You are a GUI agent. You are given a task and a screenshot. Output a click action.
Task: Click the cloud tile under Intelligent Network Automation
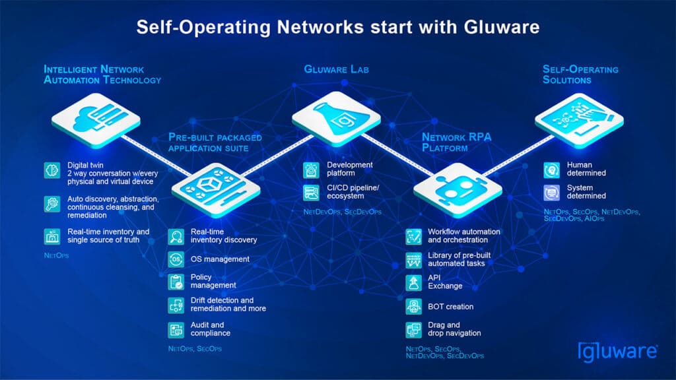coord(96,119)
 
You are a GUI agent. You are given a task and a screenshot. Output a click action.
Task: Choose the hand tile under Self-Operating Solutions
coord(578,119)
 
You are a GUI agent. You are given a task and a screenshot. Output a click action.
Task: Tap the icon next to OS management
coord(176,259)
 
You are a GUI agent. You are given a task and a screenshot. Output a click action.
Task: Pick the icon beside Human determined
coord(552,169)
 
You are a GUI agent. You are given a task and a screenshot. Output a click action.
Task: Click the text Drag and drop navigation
coord(453,329)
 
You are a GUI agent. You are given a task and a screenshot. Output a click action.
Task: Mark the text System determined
coord(586,191)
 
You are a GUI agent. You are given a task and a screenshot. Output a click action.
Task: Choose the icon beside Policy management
coord(176,282)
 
